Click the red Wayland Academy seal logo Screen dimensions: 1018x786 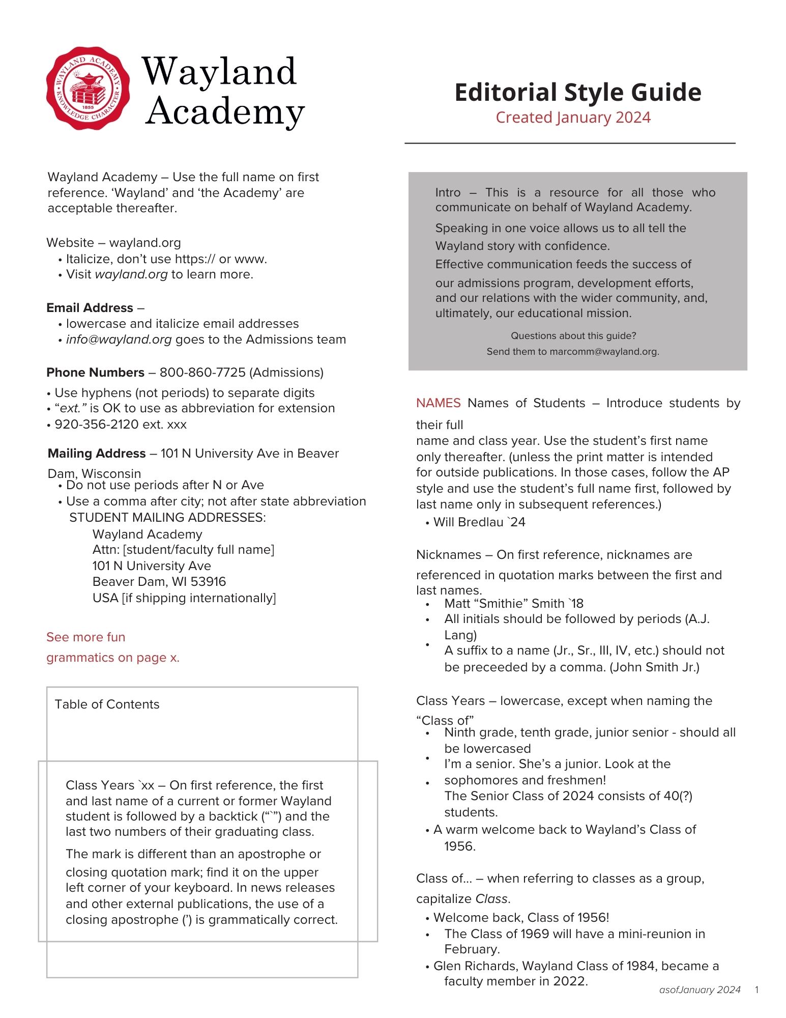88,88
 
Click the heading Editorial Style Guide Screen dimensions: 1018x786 577,93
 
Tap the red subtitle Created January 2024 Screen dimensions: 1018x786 573,118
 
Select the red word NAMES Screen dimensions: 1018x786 438,403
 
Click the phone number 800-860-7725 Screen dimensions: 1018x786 202,373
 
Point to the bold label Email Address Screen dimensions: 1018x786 90,308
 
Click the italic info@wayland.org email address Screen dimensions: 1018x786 119,340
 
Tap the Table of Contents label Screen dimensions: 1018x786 107,704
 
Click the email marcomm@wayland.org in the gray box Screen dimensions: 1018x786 603,352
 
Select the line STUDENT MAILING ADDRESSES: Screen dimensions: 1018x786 167,518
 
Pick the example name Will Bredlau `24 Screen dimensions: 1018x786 479,522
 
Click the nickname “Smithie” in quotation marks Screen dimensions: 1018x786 501,604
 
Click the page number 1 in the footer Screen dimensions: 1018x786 757,990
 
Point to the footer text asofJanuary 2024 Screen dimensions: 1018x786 700,990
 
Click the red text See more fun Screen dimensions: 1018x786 85,637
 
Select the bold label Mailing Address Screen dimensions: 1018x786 97,454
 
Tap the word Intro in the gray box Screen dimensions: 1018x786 448,192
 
